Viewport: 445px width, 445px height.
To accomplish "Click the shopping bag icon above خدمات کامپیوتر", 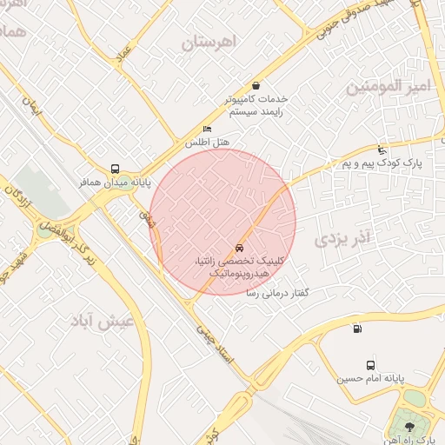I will pyautogui.click(x=256, y=85).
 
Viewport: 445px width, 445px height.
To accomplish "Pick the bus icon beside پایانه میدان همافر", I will pyautogui.click(x=116, y=169).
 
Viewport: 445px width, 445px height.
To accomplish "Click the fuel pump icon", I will pyautogui.click(x=357, y=329).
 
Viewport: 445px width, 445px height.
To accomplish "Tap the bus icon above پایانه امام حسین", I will pyautogui.click(x=371, y=365).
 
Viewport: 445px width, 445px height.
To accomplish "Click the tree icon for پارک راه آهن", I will pyautogui.click(x=410, y=425).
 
